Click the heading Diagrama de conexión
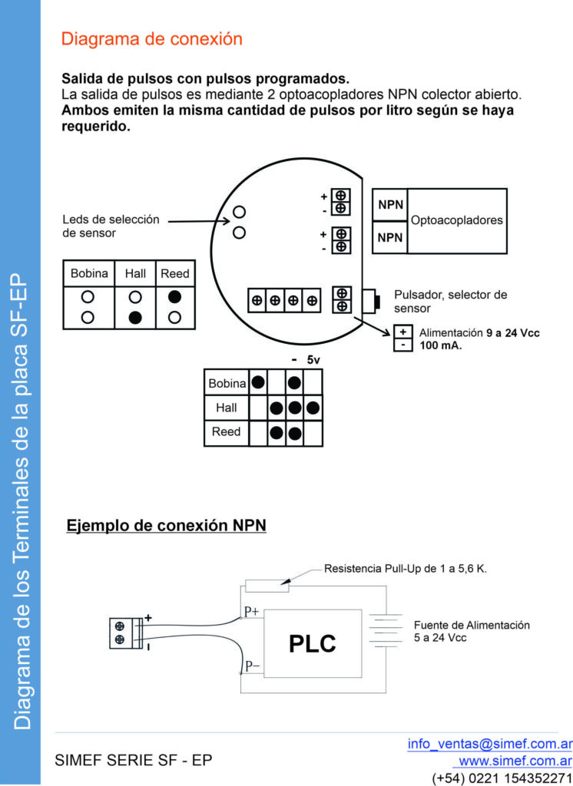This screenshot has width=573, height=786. [151, 39]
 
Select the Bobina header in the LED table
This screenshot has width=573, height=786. [88, 273]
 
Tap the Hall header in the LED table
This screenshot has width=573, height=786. [134, 273]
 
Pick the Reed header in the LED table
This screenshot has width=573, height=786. [174, 273]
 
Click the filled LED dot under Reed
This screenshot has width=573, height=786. [174, 296]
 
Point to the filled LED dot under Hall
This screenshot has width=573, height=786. [134, 316]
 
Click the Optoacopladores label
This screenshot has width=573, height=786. [457, 220]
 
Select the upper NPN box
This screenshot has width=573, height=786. [390, 206]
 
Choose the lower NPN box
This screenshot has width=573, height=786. [390, 238]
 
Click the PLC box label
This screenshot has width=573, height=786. [313, 643]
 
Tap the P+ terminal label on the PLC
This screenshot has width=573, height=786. [252, 612]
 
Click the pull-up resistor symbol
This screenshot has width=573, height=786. [267, 587]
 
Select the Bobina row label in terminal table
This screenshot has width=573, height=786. [227, 383]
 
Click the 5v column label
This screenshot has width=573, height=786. [313, 359]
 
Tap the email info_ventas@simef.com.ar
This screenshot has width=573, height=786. [489, 743]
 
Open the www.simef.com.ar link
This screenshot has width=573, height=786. [515, 761]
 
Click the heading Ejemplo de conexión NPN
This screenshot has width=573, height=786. [166, 527]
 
